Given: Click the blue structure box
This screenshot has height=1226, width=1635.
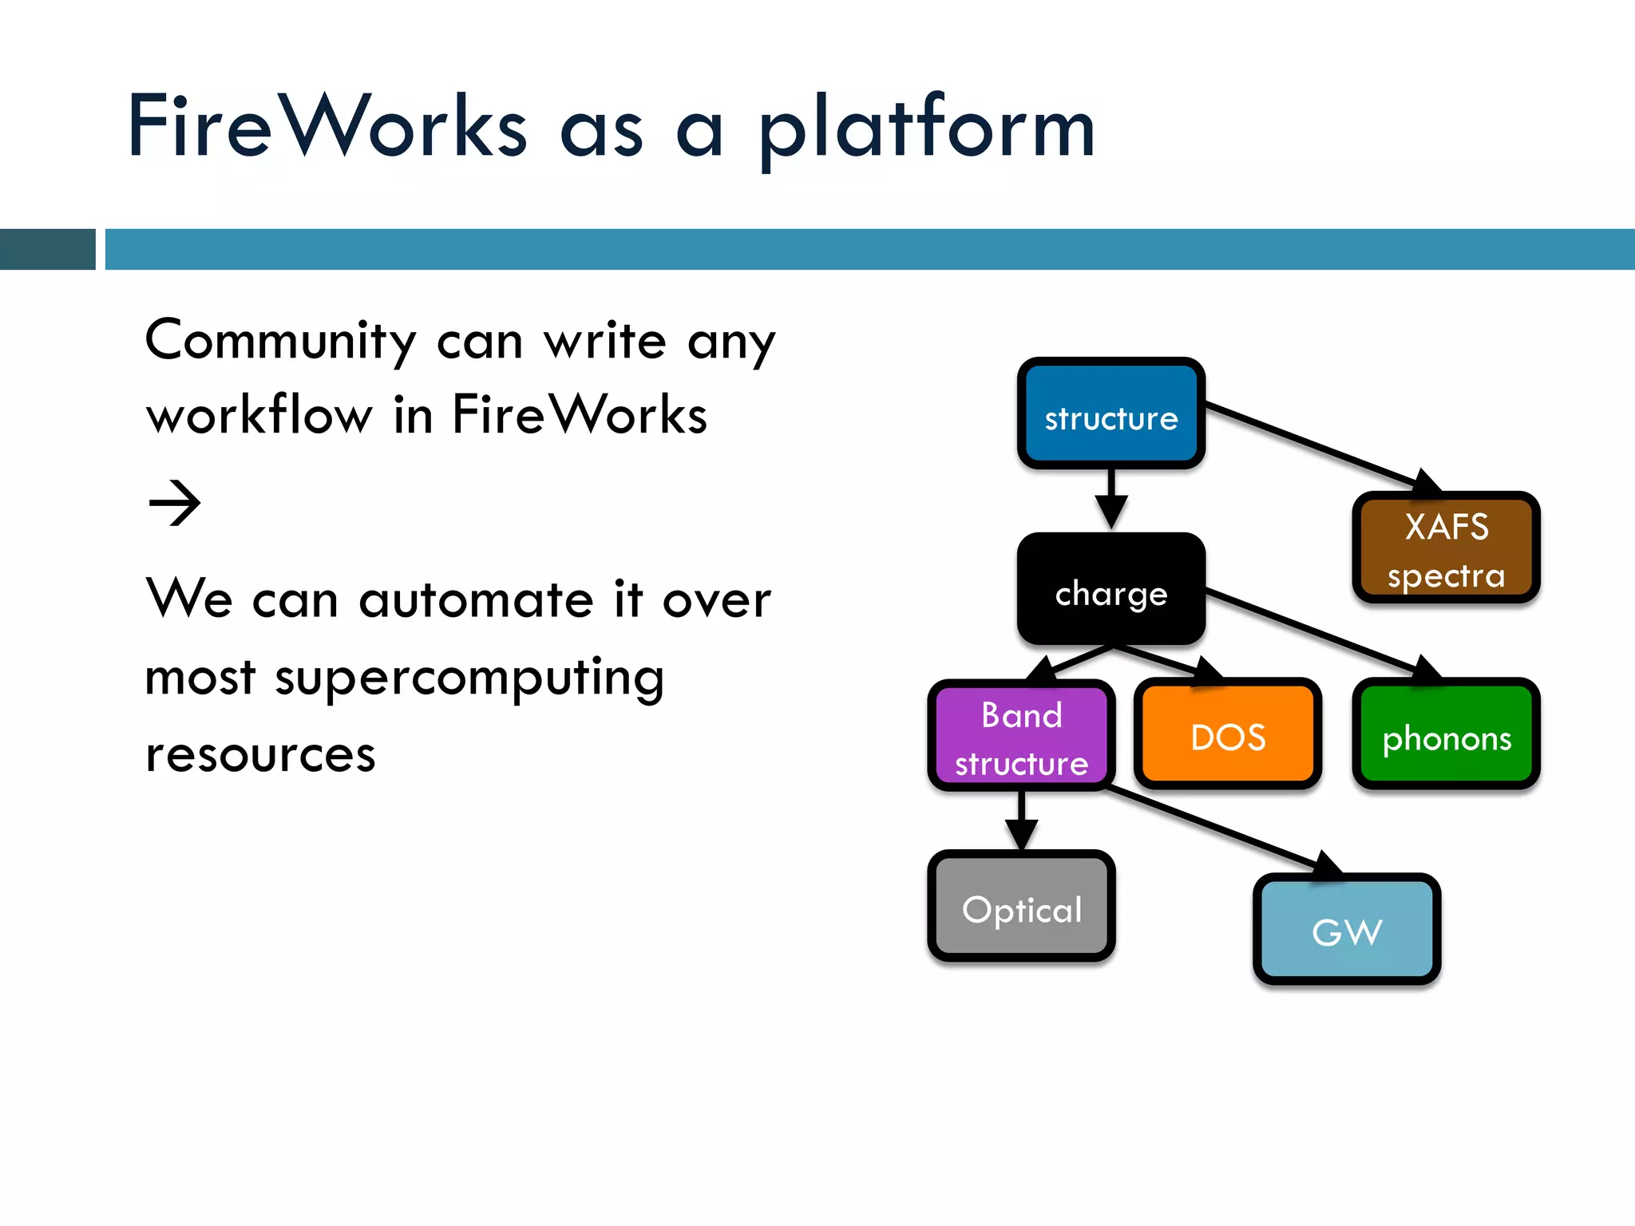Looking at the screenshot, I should tap(1110, 413).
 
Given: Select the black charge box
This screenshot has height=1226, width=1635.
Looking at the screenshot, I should tap(1110, 589).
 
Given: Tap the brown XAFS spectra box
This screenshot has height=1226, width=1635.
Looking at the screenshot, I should tap(1446, 548).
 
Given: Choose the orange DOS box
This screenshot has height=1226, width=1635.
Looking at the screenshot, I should tap(1227, 735).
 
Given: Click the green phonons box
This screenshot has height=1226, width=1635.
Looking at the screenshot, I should tap(1446, 735).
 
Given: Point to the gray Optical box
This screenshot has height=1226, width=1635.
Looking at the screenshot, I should tap(1021, 907).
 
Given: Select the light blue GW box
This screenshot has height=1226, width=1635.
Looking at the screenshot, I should tap(1347, 930).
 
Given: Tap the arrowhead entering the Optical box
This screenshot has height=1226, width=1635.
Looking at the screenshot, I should tap(1021, 834).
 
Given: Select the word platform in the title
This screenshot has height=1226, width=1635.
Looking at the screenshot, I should tap(926, 128).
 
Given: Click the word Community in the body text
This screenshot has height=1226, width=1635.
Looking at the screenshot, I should tap(280, 342).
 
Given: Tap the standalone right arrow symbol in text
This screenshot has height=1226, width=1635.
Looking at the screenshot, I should tap(175, 503).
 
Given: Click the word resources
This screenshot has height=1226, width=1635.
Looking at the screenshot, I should tap(260, 754).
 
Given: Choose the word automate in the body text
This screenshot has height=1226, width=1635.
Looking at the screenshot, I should tap(476, 600).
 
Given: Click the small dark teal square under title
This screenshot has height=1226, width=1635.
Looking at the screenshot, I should tap(47, 249).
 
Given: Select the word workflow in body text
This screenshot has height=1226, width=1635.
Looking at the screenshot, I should tap(259, 415).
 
